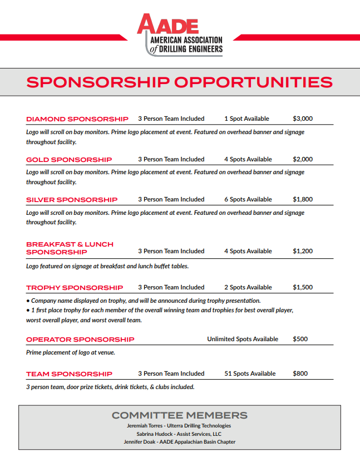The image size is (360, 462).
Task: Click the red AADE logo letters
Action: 167,24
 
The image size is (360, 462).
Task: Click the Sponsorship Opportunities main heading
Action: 180,82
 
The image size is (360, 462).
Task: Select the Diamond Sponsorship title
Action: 77,119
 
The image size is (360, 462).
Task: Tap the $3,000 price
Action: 303,119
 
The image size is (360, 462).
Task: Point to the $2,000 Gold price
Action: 303,159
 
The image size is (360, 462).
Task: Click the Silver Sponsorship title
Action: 72,200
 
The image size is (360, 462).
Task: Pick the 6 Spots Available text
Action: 248,199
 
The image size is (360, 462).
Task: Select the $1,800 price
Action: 303,199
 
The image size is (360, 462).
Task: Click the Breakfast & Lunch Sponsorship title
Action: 70,248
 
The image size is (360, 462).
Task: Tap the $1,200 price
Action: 303,251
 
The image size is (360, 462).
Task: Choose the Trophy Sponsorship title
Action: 75,288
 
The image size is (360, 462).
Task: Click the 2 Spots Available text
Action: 248,287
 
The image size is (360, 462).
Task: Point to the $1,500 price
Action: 303,287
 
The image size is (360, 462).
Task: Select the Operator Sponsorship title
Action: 80,340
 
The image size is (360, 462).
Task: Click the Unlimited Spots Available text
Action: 243,339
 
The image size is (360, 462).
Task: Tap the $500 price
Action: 300,339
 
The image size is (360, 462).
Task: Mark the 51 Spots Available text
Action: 250,373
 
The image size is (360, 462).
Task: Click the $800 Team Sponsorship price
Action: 300,373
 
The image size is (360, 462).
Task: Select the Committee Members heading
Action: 180,415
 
